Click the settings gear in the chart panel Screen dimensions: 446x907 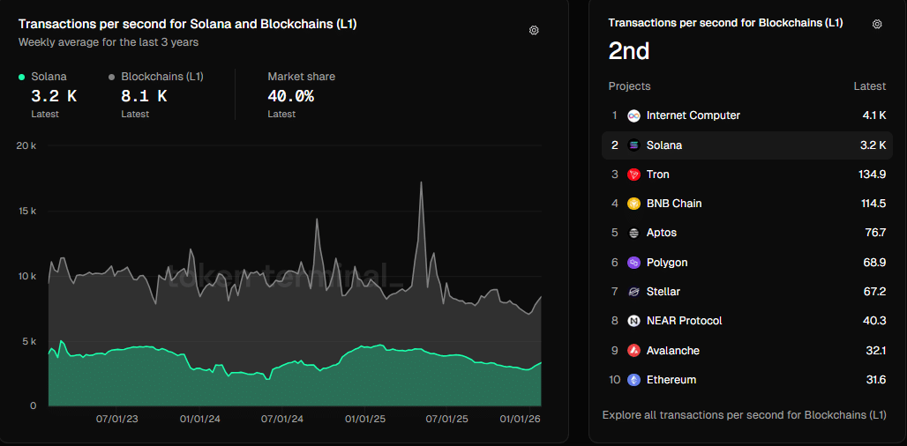pos(534,30)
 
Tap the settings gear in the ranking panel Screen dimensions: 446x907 pos(876,24)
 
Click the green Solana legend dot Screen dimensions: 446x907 pos(22,77)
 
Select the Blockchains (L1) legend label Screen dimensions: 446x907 pos(162,77)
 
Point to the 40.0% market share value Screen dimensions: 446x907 pos(290,96)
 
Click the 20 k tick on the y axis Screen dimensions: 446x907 pos(26,145)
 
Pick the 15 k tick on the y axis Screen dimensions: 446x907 pos(26,211)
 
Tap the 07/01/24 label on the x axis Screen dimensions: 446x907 pos(281,420)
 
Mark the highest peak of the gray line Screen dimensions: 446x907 pos(421,182)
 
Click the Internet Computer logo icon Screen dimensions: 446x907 pos(633,115)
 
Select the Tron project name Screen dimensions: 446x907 pos(657,175)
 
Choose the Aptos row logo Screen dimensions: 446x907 pos(633,233)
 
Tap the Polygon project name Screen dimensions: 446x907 pos(667,263)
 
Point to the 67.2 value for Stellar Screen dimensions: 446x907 pos(874,292)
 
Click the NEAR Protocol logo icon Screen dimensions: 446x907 pos(633,321)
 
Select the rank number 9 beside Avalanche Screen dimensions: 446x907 pos(615,351)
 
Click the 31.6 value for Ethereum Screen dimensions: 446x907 pos(874,380)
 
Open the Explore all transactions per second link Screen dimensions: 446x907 pos(744,414)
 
